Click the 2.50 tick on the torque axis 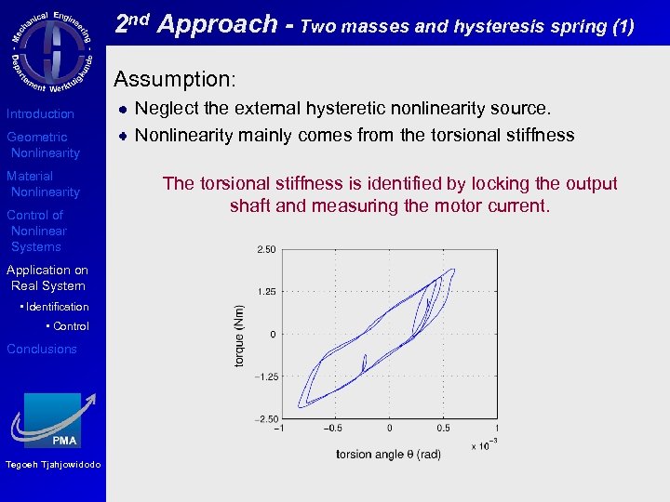pos(265,249)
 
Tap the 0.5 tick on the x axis pos(443,429)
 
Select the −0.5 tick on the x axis pos(333,429)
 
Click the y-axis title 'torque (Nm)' pos(239,335)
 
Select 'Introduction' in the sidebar pos(40,113)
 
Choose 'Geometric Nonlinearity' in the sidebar pos(43,145)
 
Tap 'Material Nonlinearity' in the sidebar pos(43,184)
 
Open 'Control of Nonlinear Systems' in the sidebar pos(36,231)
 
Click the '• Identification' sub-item pos(54,307)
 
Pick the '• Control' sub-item pos(68,326)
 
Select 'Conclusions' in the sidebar pos(42,349)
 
